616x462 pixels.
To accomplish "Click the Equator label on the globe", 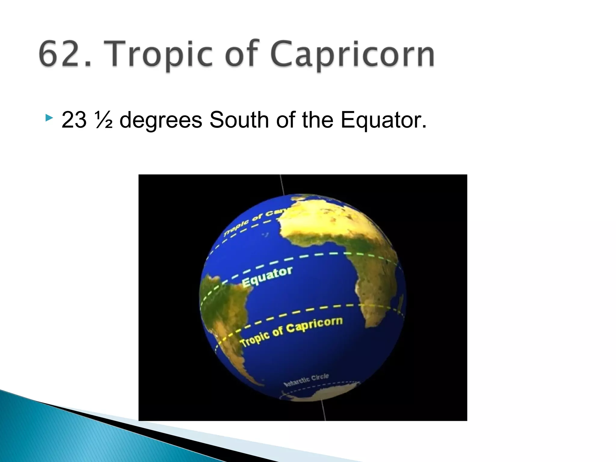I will tap(267, 276).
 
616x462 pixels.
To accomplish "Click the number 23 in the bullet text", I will tap(74, 120).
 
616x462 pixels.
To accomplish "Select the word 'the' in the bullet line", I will tap(318, 120).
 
